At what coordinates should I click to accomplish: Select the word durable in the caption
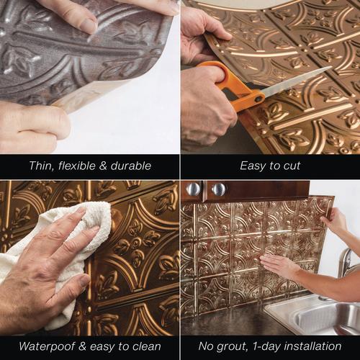point(131,166)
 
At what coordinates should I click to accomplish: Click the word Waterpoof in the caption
point(49,346)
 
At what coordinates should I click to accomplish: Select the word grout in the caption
point(232,347)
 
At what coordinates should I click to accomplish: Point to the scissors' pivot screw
point(258,99)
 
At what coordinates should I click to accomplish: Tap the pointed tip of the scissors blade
point(331,67)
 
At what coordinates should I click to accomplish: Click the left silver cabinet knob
point(193,189)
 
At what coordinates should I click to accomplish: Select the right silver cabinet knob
point(218,189)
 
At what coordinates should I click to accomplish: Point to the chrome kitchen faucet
point(347,264)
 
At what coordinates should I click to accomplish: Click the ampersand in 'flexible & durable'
point(103,166)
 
